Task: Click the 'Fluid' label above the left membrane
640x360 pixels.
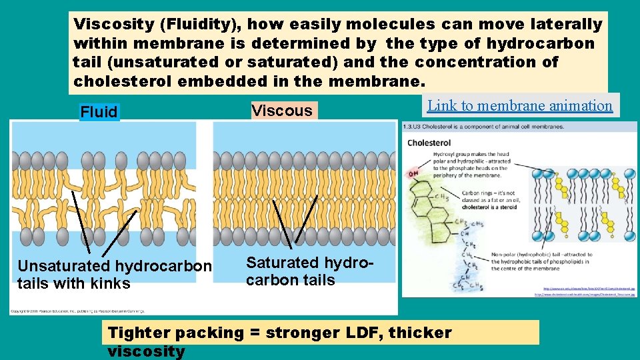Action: click(x=99, y=112)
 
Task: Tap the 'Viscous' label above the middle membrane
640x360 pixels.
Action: click(x=282, y=111)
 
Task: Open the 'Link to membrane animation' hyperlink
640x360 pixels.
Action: click(x=520, y=105)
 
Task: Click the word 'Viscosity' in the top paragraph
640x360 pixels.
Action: click(x=113, y=25)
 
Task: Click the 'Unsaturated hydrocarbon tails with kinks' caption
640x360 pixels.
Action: click(x=114, y=275)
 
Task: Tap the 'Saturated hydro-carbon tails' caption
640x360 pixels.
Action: click(x=311, y=271)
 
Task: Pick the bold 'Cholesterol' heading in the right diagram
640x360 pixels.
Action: click(x=429, y=143)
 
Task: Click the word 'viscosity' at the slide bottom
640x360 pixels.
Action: click(x=146, y=351)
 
